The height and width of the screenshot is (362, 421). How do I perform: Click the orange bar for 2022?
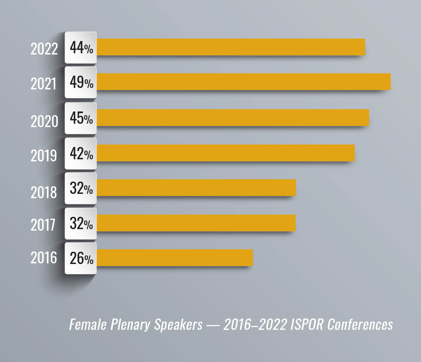click(231, 47)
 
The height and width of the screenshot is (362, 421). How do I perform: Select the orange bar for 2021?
click(243, 82)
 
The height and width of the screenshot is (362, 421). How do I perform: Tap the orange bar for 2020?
click(233, 118)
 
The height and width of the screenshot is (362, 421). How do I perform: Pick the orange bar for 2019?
click(226, 153)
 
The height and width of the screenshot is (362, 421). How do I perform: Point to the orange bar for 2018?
click(196, 188)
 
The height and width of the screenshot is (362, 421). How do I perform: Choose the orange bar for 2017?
click(196, 223)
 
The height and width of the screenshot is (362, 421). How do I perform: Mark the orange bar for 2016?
click(175, 258)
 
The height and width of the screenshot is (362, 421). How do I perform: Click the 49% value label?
click(81, 82)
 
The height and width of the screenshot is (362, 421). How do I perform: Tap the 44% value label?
click(81, 48)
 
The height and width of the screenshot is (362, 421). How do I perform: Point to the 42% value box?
click(81, 153)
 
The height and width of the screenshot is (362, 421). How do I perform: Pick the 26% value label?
click(81, 258)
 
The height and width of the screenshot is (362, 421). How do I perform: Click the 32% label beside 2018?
click(81, 188)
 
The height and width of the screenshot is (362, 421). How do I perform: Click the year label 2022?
click(44, 49)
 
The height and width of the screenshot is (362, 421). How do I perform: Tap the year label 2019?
click(44, 156)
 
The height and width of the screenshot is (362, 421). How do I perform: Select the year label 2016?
click(44, 258)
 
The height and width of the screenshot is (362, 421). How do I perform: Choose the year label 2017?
click(43, 225)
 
